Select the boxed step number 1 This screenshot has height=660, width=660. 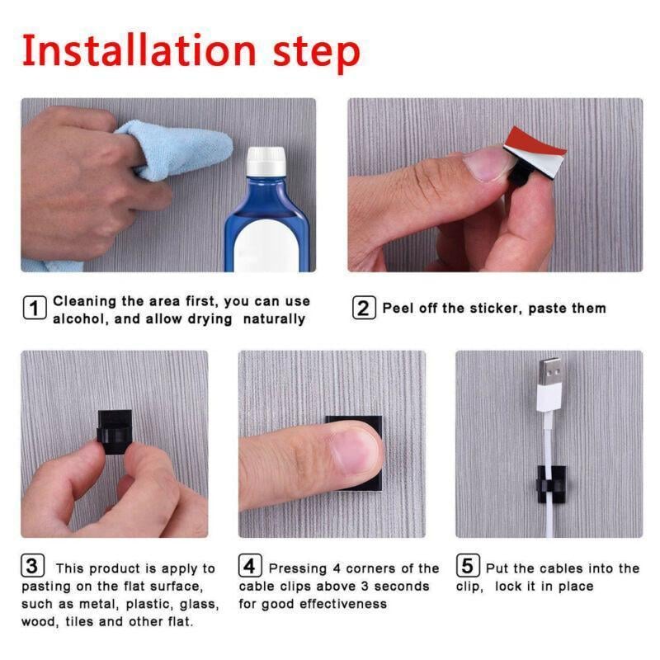pyautogui.click(x=34, y=309)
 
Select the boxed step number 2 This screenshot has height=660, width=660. pyautogui.click(x=364, y=309)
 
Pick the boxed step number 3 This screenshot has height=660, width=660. pyautogui.click(x=32, y=567)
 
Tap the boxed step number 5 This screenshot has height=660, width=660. pyautogui.click(x=468, y=567)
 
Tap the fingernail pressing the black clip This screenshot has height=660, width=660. pyautogui.click(x=354, y=450)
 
